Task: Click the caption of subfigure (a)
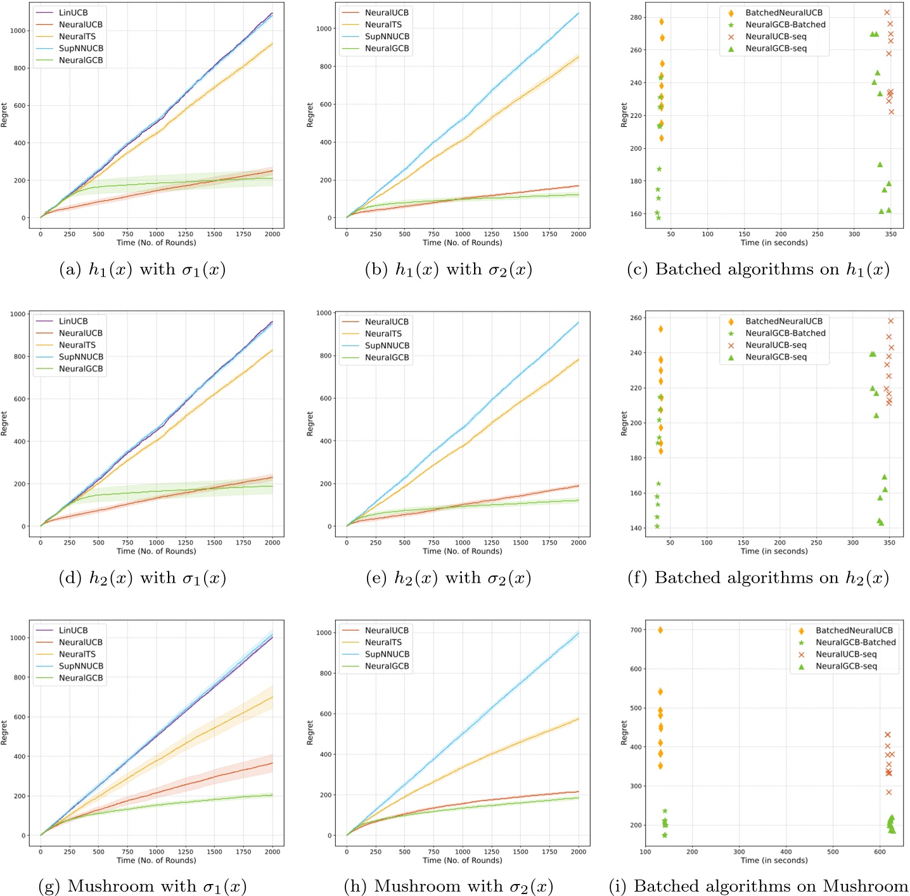coord(142,270)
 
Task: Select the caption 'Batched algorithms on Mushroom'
coord(759,887)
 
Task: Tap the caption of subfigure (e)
coord(449,578)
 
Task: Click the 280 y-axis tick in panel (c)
coord(636,17)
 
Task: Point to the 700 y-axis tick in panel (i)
coord(636,630)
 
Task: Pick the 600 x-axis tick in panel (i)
coord(880,852)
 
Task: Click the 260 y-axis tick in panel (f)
coord(636,318)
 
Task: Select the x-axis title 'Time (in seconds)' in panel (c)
coord(774,243)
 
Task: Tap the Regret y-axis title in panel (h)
coord(311,733)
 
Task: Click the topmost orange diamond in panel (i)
coord(660,630)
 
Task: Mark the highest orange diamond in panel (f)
coord(660,329)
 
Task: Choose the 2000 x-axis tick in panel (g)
coord(272,852)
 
